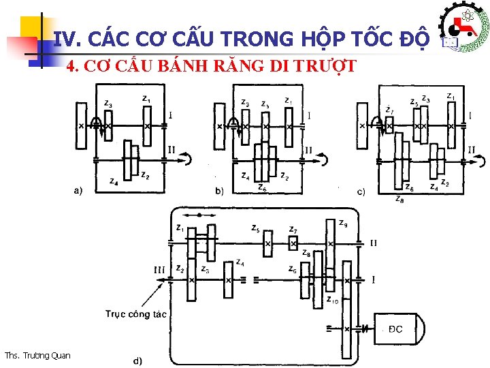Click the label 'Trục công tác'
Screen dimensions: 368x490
[x=135, y=314]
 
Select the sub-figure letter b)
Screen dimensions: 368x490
[x=219, y=191]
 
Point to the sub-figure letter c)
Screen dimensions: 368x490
[x=361, y=191]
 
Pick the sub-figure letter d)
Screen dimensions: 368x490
[x=137, y=360]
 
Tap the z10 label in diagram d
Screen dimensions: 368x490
[x=333, y=300]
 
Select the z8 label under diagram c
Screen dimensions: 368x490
[x=399, y=200]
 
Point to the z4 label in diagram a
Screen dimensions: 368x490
[x=114, y=181]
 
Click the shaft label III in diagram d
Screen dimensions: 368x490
[x=159, y=270]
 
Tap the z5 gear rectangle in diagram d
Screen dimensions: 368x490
[x=267, y=243]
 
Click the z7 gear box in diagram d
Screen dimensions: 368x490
[x=293, y=243]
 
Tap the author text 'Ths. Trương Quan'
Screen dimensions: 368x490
[x=37, y=354]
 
